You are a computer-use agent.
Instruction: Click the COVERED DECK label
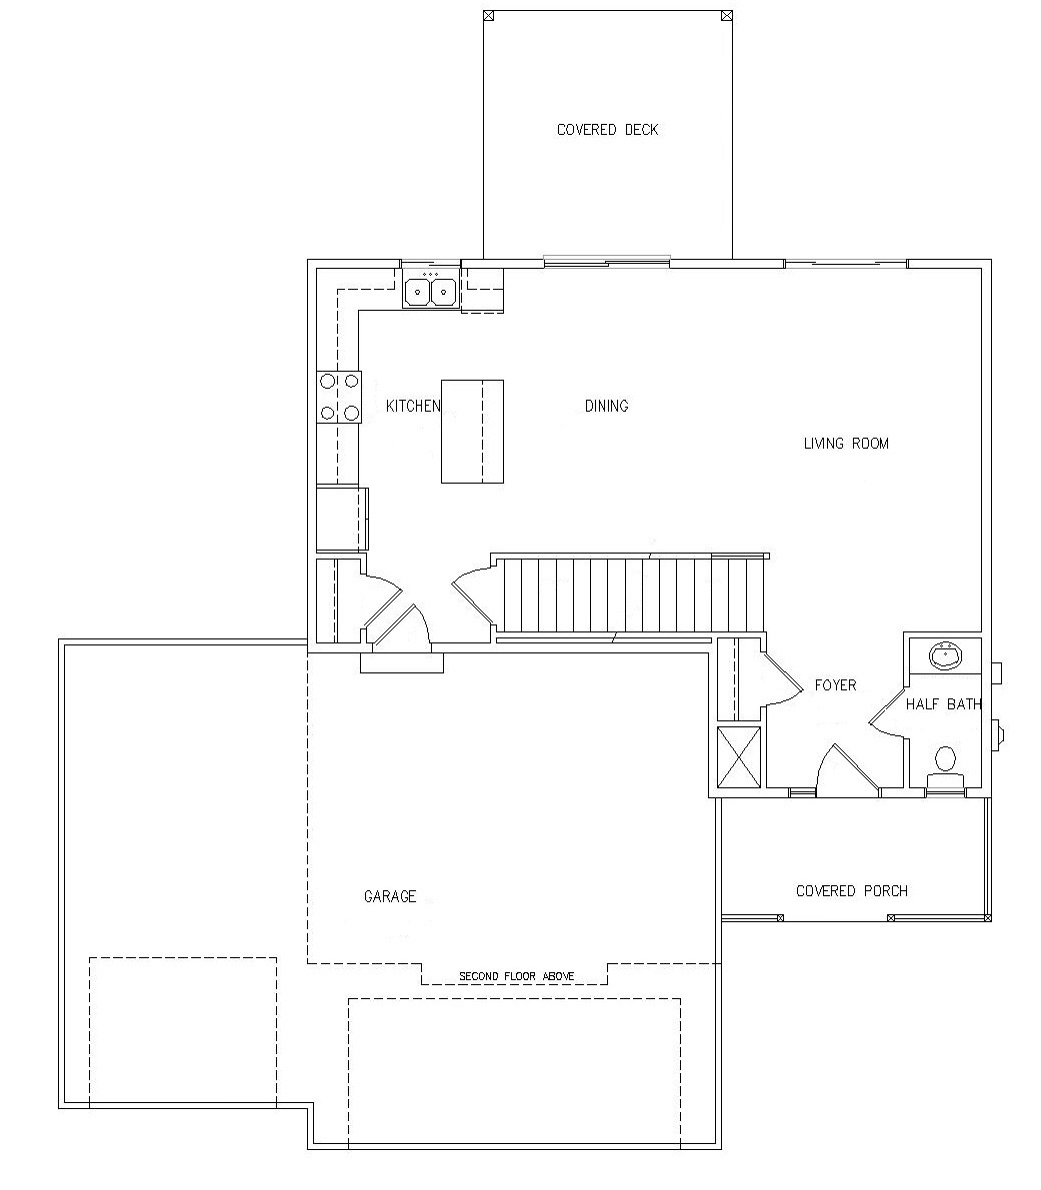(x=607, y=130)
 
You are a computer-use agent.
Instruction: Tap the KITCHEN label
(x=413, y=406)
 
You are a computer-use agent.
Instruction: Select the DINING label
(x=607, y=406)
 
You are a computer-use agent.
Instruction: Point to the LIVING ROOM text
(x=846, y=444)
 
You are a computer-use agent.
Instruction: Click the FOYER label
(x=835, y=685)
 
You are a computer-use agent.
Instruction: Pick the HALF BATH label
(x=943, y=704)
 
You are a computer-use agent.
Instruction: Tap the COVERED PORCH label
(x=852, y=891)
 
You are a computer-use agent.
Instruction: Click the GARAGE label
(x=390, y=896)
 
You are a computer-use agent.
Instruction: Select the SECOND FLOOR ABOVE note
(x=516, y=976)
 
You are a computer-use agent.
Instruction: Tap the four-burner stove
(x=339, y=397)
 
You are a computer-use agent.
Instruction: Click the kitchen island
(x=472, y=431)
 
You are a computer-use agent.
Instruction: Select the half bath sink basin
(x=945, y=655)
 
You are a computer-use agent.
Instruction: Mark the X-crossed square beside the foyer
(x=739, y=757)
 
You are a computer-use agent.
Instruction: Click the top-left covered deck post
(x=488, y=14)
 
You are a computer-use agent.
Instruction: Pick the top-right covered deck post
(x=727, y=14)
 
